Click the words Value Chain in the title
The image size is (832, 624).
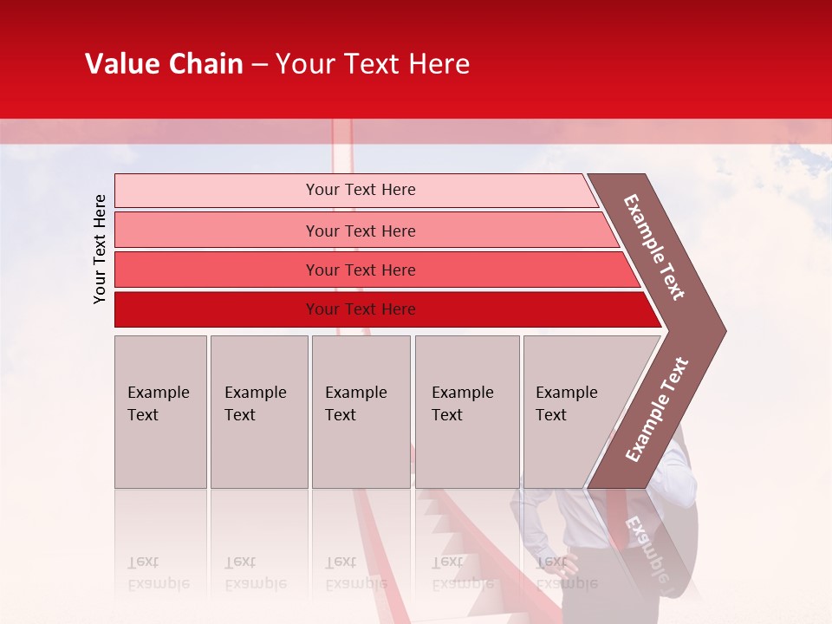tap(164, 64)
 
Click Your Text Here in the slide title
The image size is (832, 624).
tap(373, 64)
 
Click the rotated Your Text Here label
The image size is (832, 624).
tap(100, 249)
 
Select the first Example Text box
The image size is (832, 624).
tap(160, 412)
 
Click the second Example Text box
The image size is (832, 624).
tap(258, 412)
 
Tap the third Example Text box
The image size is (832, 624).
tap(361, 412)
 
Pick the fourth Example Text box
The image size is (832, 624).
tap(467, 412)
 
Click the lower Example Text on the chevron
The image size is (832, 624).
tap(657, 410)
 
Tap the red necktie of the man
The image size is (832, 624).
tap(617, 520)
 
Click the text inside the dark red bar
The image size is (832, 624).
tap(361, 309)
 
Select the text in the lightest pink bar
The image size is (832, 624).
tap(361, 190)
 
